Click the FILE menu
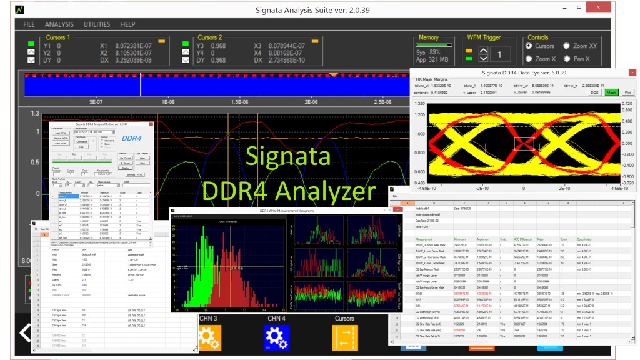[29, 24]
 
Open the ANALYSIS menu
[59, 24]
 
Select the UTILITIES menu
[97, 24]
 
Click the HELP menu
[127, 24]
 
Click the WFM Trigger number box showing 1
[499, 55]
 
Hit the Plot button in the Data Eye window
[627, 92]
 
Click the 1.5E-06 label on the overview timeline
[239, 101]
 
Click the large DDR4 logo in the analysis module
[132, 137]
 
